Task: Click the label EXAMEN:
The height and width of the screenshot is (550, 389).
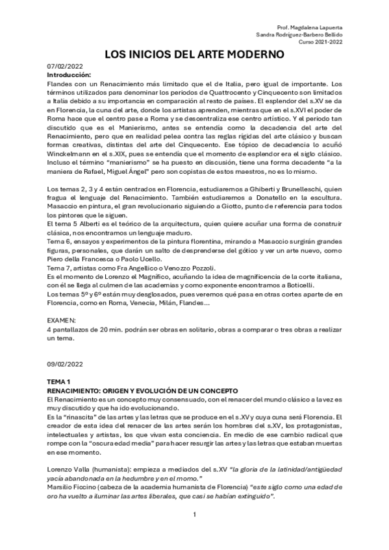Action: (x=62, y=320)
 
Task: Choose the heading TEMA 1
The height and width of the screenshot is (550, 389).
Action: (x=61, y=382)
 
